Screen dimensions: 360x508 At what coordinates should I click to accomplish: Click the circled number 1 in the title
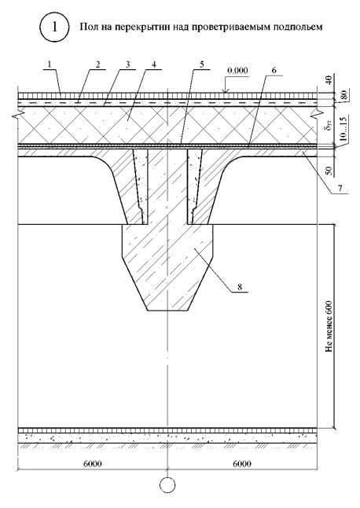tap(54, 27)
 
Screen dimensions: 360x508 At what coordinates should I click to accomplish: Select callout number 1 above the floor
tap(49, 64)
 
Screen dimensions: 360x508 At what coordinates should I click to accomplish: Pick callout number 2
tap(97, 64)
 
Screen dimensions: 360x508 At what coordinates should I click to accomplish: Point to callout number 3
tap(127, 64)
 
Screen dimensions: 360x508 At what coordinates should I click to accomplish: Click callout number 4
tap(154, 64)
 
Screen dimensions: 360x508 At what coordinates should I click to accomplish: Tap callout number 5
tap(202, 64)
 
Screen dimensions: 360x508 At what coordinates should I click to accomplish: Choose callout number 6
tap(274, 71)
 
